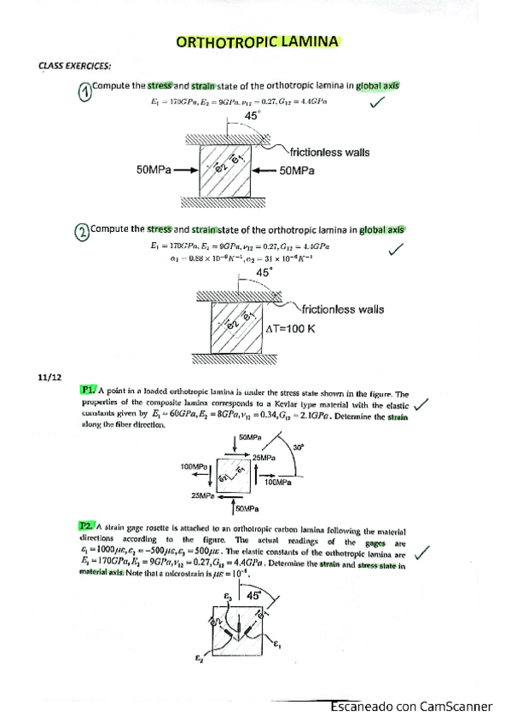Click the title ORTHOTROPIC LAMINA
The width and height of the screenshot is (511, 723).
[x=257, y=40]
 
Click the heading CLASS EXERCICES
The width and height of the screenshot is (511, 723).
[x=75, y=65]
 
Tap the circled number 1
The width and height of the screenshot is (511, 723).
[x=83, y=92]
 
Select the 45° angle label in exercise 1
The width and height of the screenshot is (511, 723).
[x=253, y=115]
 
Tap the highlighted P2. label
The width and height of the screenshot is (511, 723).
[x=87, y=528]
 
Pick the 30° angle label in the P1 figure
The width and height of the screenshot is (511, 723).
[x=298, y=448]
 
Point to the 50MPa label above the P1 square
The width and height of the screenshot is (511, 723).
[x=251, y=437]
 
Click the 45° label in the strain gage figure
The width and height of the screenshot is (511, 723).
[x=253, y=597]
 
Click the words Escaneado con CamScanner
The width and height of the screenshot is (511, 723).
[x=412, y=707]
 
